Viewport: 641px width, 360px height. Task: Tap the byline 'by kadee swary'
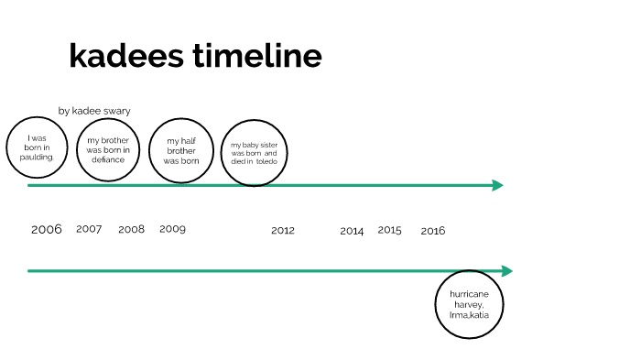pyautogui.click(x=94, y=111)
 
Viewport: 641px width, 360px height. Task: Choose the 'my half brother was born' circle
pyautogui.click(x=181, y=150)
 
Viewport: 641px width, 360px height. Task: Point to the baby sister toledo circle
pyautogui.click(x=255, y=153)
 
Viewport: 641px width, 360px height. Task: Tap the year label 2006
pyautogui.click(x=47, y=229)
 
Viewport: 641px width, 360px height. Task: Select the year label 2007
pyautogui.click(x=89, y=229)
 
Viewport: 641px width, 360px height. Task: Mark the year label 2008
pyautogui.click(x=131, y=229)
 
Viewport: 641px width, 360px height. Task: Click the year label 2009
pyautogui.click(x=172, y=229)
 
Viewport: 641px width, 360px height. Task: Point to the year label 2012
pyautogui.click(x=283, y=231)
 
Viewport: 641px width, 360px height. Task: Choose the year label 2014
pyautogui.click(x=352, y=231)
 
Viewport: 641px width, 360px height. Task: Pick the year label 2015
pyautogui.click(x=389, y=230)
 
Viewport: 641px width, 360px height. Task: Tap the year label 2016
pyautogui.click(x=433, y=231)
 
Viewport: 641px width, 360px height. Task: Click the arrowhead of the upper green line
pyautogui.click(x=498, y=185)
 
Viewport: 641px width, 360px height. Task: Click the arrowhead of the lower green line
pyautogui.click(x=507, y=271)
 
